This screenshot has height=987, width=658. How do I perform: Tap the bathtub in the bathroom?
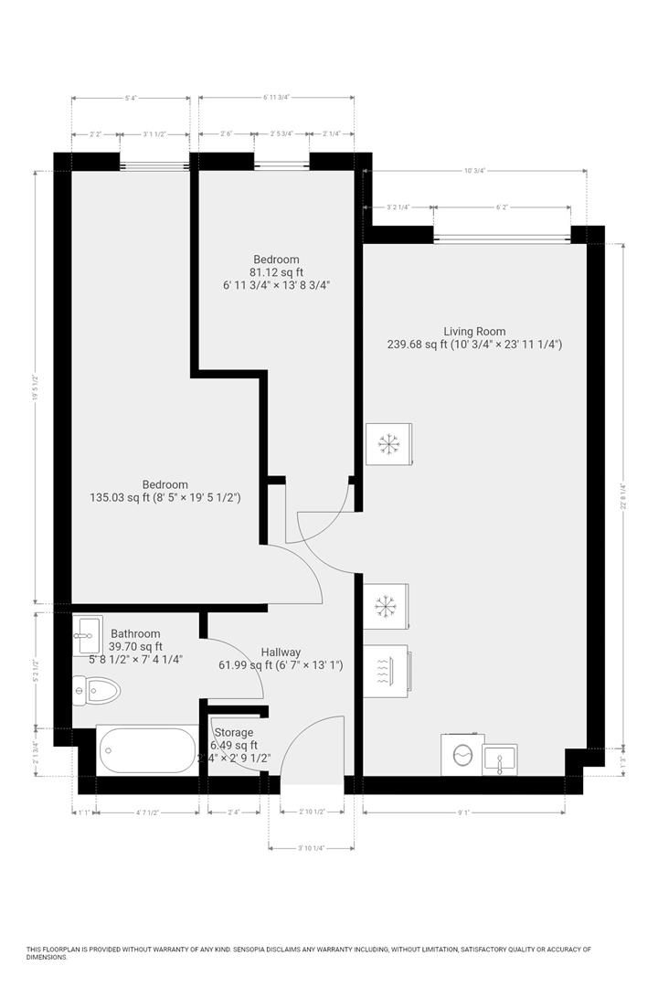click(146, 749)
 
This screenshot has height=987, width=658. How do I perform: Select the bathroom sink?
click(89, 629)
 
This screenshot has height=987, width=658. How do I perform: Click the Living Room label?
click(474, 332)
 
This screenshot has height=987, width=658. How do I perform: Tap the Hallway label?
click(281, 652)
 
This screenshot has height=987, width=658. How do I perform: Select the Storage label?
click(233, 732)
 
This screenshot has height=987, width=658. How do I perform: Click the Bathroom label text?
click(135, 633)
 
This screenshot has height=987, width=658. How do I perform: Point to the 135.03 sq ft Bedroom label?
click(164, 484)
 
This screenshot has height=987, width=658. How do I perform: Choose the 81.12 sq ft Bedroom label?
click(276, 260)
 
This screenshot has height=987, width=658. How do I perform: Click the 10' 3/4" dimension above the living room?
click(474, 170)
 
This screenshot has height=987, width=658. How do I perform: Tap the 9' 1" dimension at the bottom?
click(465, 812)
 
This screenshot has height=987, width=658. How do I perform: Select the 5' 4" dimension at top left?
click(131, 98)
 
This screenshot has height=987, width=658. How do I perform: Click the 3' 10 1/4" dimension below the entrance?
click(311, 848)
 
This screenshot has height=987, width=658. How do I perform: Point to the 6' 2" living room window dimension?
click(502, 207)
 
